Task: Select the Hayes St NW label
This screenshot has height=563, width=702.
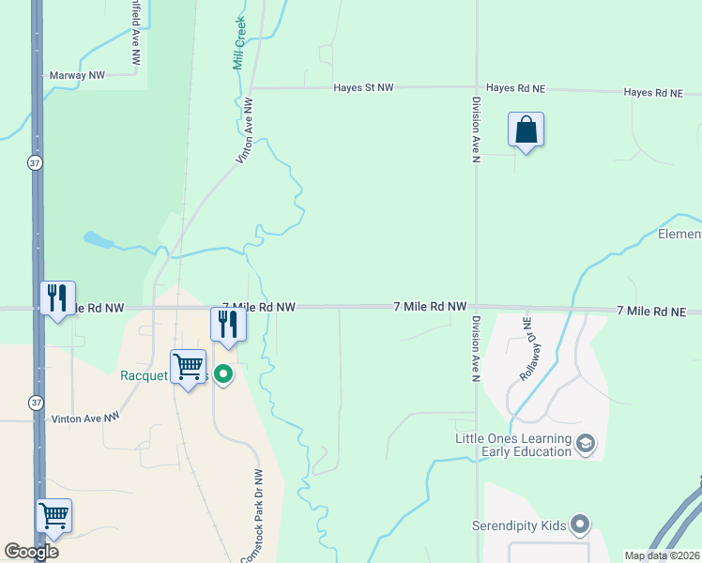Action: click(x=364, y=87)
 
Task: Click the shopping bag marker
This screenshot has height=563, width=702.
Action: click(x=526, y=129)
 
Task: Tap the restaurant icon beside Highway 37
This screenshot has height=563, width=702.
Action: click(x=57, y=298)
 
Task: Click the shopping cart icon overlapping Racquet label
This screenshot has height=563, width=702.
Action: click(x=188, y=367)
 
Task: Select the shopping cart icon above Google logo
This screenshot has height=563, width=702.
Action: click(x=53, y=515)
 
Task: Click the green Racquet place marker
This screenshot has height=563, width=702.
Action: click(x=223, y=375)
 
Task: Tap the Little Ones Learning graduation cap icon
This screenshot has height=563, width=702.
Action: click(x=586, y=442)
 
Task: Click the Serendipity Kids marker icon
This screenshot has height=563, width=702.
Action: click(x=579, y=525)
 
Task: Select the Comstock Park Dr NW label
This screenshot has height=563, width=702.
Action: click(x=253, y=516)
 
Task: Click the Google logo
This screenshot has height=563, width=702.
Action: click(x=31, y=552)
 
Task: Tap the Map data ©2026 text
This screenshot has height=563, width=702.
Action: click(x=661, y=555)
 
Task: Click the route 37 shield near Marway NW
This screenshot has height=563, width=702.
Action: click(x=35, y=162)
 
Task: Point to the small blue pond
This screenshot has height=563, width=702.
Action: click(x=98, y=240)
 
